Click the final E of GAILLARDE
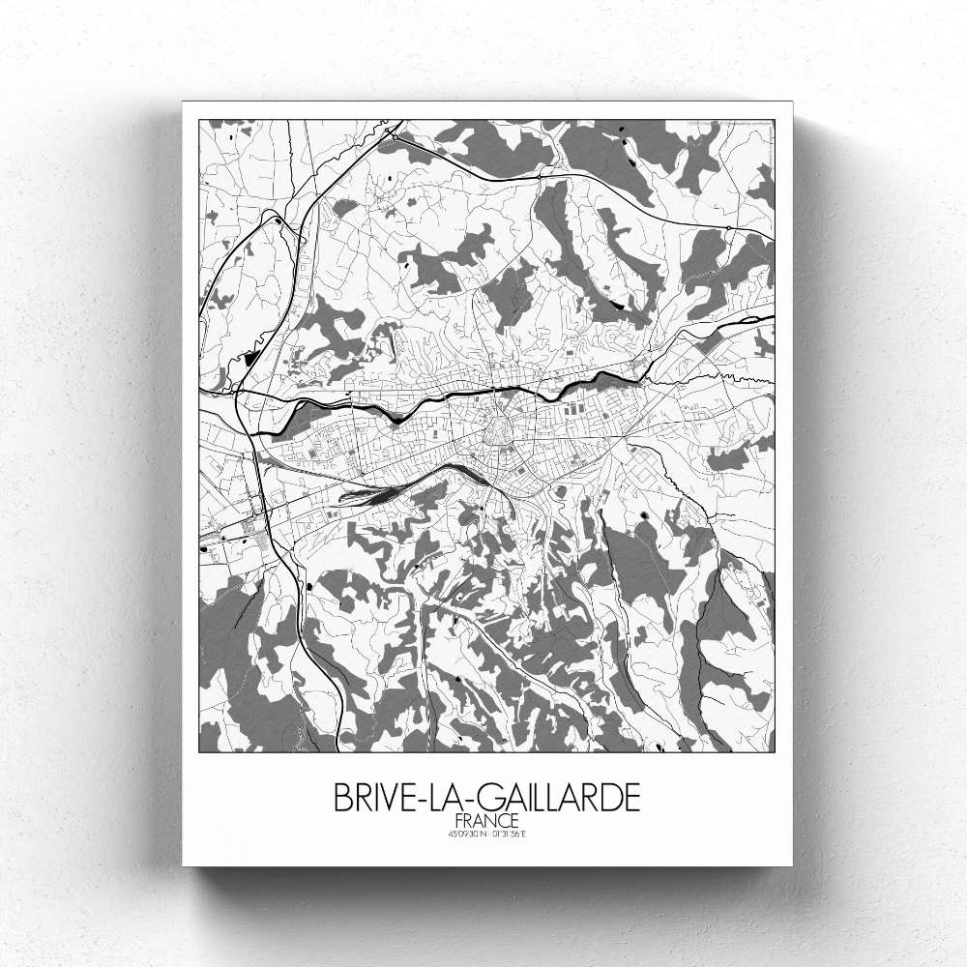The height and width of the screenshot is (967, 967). click(630, 799)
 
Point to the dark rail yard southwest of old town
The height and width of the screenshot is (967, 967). click(372, 494)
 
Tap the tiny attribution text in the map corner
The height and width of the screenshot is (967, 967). click(730, 125)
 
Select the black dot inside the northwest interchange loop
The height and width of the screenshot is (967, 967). click(278, 222)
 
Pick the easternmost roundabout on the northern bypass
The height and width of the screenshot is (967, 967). click(726, 228)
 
